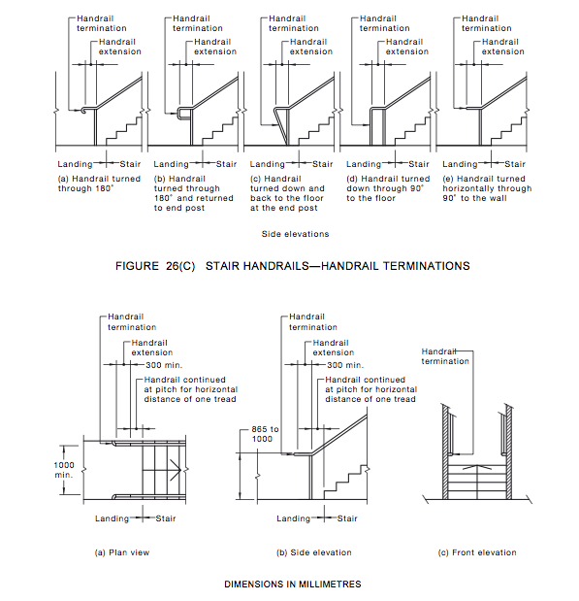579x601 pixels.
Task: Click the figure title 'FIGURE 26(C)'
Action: pyautogui.click(x=155, y=266)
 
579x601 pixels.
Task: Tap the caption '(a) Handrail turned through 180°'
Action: pyautogui.click(x=99, y=184)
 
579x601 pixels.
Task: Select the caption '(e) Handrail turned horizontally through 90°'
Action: pyautogui.click(x=487, y=188)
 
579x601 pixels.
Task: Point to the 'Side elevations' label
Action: pyautogui.click(x=295, y=234)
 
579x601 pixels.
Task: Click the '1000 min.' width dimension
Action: pyautogui.click(x=64, y=470)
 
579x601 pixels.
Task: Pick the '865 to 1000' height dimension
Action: pyautogui.click(x=265, y=434)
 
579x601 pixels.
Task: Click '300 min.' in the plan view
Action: pyautogui.click(x=164, y=365)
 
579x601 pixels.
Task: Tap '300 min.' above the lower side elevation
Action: pyautogui.click(x=345, y=365)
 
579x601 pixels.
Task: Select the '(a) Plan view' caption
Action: pyautogui.click(x=122, y=552)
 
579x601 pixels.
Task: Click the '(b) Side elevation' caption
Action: pyautogui.click(x=314, y=552)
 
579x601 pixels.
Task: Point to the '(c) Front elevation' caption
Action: pyautogui.click(x=477, y=552)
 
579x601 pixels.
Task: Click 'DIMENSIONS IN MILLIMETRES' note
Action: pyautogui.click(x=293, y=584)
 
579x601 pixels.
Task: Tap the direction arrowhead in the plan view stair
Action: pyautogui.click(x=177, y=470)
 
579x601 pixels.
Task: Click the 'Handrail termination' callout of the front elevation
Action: pyautogui.click(x=445, y=356)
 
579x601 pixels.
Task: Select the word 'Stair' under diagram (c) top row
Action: pyautogui.click(x=322, y=164)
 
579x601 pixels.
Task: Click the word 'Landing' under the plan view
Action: pyautogui.click(x=112, y=518)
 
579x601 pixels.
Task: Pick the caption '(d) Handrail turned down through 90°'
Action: pyautogui.click(x=388, y=188)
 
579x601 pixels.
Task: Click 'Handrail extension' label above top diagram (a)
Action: pyautogui.click(x=120, y=47)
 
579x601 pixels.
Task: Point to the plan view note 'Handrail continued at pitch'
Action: pyautogui.click(x=191, y=389)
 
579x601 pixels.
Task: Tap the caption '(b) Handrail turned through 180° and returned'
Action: pyautogui.click(x=193, y=193)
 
